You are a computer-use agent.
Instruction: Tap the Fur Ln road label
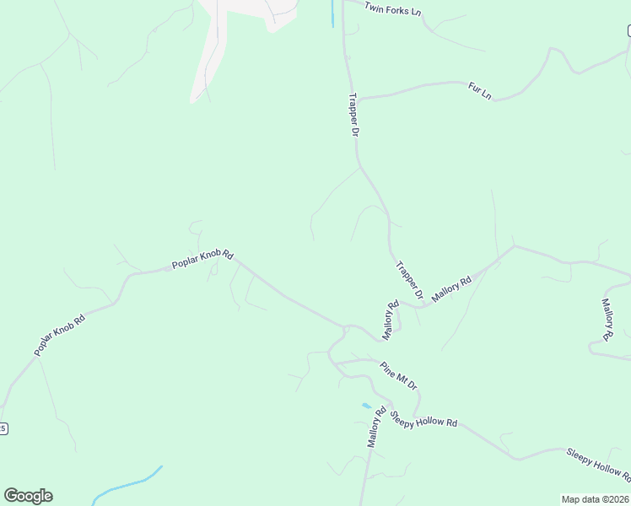pyautogui.click(x=480, y=90)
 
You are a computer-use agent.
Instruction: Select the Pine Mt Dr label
pyautogui.click(x=398, y=375)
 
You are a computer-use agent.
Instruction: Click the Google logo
pyautogui.click(x=28, y=496)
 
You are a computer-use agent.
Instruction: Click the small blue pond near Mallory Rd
pyautogui.click(x=366, y=406)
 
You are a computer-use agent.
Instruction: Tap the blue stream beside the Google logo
pyautogui.click(x=127, y=484)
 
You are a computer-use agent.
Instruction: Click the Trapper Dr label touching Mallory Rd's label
pyautogui.click(x=409, y=280)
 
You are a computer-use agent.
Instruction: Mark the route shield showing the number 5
pyautogui.click(x=3, y=428)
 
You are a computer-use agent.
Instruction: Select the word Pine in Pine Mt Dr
pyautogui.click(x=388, y=369)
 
